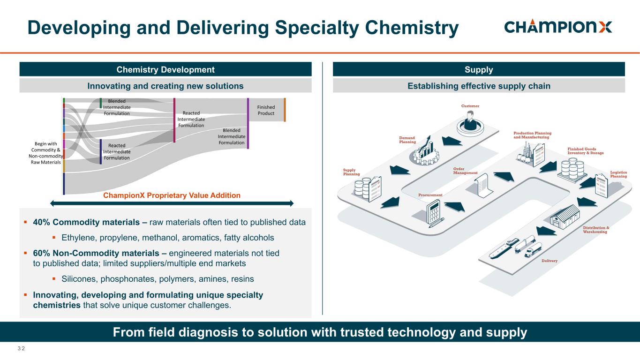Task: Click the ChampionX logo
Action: pyautogui.click(x=558, y=27)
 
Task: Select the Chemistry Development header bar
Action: pyautogui.click(x=165, y=70)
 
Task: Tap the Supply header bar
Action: pyautogui.click(x=478, y=70)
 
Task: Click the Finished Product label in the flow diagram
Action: pyautogui.click(x=266, y=110)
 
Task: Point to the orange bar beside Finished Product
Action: pyautogui.click(x=285, y=110)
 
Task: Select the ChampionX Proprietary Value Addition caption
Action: pyautogui.click(x=172, y=195)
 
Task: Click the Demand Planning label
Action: pyautogui.click(x=407, y=140)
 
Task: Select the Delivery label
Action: pyautogui.click(x=550, y=261)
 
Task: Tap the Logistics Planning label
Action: pyautogui.click(x=618, y=174)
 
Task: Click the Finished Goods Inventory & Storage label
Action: pyautogui.click(x=585, y=151)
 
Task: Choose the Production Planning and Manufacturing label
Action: pyautogui.click(x=532, y=135)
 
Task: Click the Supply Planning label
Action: pyautogui.click(x=351, y=172)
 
